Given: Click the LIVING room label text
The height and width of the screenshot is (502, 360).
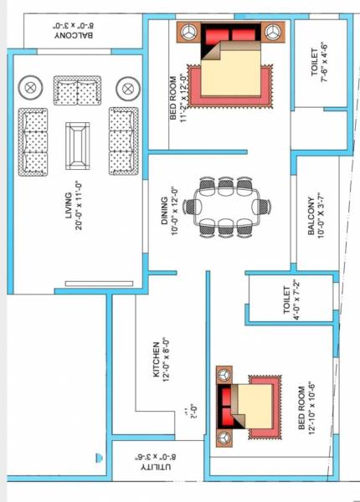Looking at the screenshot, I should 69,205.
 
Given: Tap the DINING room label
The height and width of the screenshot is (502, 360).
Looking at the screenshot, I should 165,204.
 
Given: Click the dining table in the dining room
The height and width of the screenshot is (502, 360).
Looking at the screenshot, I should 228,205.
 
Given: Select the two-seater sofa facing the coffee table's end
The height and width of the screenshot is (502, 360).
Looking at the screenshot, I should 78,88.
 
